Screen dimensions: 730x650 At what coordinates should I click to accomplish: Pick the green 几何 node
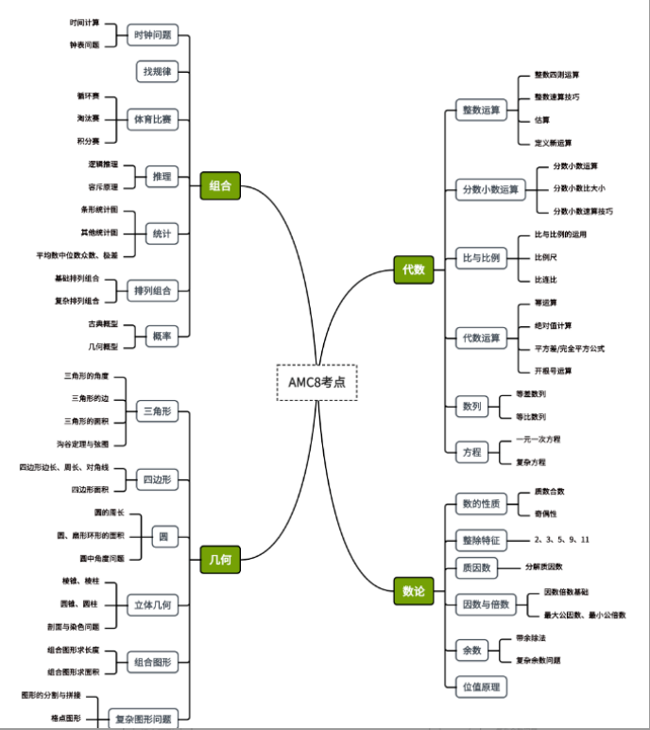pos(220,560)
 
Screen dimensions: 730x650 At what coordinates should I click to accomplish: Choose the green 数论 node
pos(414,592)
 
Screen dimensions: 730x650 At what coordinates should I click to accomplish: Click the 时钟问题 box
pos(153,35)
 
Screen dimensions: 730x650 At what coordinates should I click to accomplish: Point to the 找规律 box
pos(157,72)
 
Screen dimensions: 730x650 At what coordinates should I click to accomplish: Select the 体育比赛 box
pos(153,120)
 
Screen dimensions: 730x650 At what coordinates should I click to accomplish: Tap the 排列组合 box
pos(153,291)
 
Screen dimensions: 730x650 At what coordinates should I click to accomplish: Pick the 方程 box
pos(470,451)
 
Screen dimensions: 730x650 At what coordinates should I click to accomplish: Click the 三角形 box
pos(157,411)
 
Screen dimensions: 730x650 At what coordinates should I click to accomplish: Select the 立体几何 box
pos(153,604)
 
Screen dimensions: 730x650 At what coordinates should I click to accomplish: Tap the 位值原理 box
pos(481,687)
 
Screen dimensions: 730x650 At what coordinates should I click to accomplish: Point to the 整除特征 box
pos(481,540)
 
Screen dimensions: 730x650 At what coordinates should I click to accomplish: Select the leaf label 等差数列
pos(530,394)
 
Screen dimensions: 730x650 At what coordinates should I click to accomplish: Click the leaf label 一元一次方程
pos(538,440)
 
